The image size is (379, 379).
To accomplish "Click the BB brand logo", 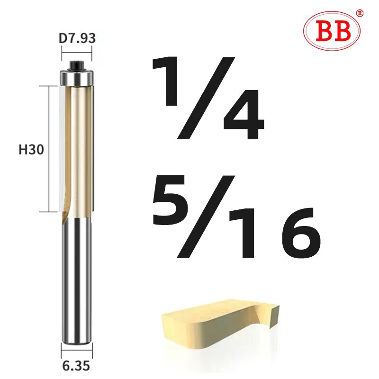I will (331, 31).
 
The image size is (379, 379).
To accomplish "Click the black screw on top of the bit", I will (77, 63).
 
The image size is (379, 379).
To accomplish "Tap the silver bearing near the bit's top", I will (77, 77).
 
